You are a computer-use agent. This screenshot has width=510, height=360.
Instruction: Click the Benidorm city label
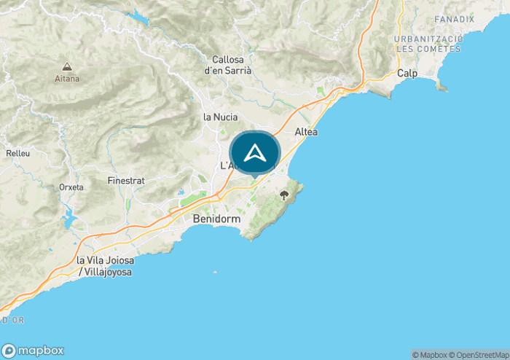point(216,219)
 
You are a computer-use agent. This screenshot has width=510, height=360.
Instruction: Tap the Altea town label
point(306,132)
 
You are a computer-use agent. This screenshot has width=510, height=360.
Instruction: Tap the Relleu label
point(17,154)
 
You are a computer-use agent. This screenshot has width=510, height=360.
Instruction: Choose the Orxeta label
point(71,187)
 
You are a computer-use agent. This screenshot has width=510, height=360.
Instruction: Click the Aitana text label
point(67,79)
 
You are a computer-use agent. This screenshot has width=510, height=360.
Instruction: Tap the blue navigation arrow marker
point(254,153)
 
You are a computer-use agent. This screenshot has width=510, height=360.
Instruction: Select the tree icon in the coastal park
point(283,195)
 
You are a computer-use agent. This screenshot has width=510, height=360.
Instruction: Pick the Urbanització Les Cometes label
point(428,44)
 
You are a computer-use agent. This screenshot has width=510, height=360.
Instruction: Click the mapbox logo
point(33,350)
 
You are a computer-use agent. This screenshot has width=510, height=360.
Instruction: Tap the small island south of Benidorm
point(214,273)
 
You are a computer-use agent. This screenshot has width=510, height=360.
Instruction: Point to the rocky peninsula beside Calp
point(440,86)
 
